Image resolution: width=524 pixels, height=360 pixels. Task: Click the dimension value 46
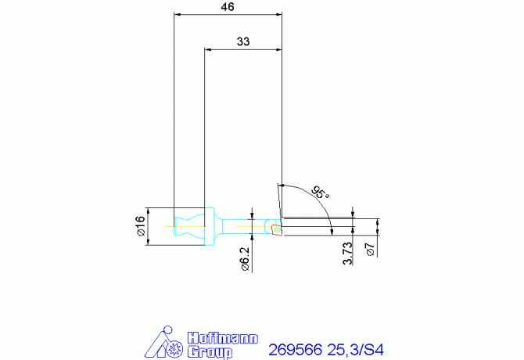228,6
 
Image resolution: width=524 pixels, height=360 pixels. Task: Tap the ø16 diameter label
141,226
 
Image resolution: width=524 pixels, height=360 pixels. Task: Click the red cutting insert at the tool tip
277,229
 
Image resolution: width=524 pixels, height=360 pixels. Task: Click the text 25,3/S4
357,348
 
